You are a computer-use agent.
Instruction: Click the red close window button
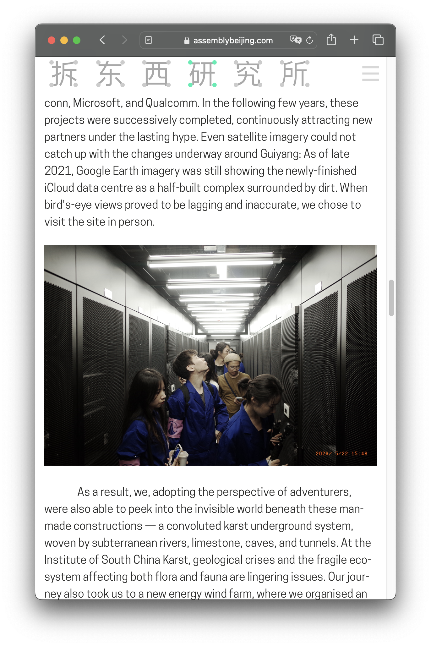point(52,40)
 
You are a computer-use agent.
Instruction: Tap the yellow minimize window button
point(64,40)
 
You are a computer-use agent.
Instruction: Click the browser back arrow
point(102,40)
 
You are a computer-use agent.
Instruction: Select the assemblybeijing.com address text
point(233,41)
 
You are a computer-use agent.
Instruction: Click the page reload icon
point(309,40)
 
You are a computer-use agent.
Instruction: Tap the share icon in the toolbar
point(331,40)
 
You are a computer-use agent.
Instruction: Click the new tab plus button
point(354,40)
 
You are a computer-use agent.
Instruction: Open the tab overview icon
point(378,40)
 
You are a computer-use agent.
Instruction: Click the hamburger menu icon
point(370,74)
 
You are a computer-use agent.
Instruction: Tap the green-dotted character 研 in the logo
point(203,74)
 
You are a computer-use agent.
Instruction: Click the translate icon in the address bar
point(295,40)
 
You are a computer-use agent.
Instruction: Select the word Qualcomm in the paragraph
point(172,103)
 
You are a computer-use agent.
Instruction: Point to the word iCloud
point(59,188)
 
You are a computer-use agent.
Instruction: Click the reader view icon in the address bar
point(149,40)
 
